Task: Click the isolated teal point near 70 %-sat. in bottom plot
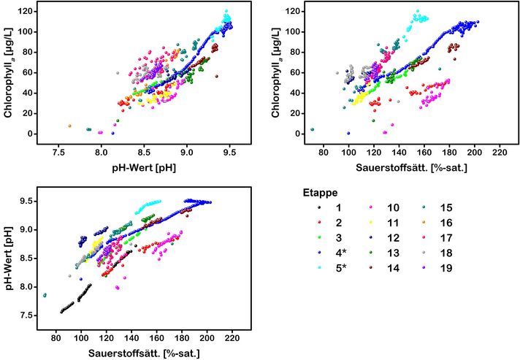pyautogui.click(x=45, y=295)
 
